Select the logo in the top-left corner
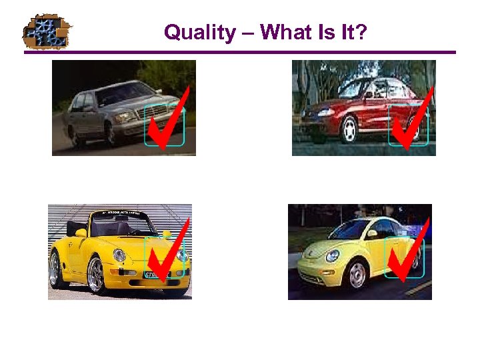point(47,31)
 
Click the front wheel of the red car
point(349,131)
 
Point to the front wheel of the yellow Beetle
point(357,274)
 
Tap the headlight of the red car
point(325,113)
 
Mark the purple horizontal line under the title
point(240,52)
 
